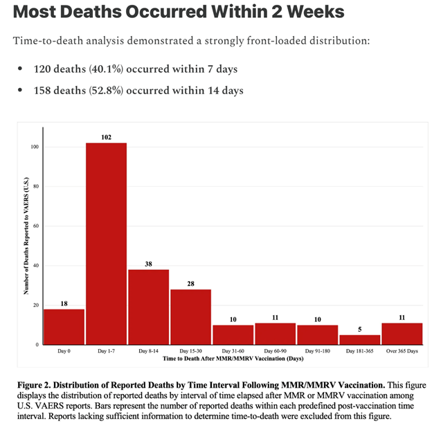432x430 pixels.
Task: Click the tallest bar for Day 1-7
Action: coord(106,243)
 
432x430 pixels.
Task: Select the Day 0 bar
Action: coord(64,326)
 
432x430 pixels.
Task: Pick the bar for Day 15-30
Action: coord(190,316)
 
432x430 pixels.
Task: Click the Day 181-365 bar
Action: coord(359,339)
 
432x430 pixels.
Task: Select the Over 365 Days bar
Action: coord(402,333)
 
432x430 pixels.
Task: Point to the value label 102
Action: coord(106,137)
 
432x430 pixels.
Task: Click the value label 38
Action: coord(148,264)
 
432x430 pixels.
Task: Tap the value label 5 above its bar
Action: coord(359,329)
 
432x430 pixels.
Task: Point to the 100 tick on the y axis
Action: coord(34,147)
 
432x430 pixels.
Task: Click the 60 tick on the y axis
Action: coord(35,226)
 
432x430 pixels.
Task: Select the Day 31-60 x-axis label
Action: coord(233,351)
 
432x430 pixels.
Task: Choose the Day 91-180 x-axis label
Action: coord(317,351)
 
